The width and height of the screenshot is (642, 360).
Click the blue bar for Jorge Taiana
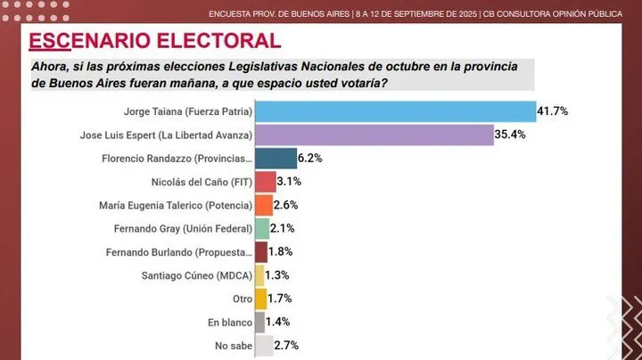pyautogui.click(x=394, y=112)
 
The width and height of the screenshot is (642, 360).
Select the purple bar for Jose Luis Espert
pyautogui.click(x=374, y=135)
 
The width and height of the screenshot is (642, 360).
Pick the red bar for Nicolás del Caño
pyautogui.click(x=265, y=182)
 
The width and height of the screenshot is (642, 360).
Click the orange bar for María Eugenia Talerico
pyautogui.click(x=263, y=205)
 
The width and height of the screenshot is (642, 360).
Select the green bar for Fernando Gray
pyautogui.click(x=261, y=229)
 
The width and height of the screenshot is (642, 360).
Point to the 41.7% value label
pyautogui.click(x=552, y=112)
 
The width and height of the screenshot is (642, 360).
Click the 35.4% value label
pyautogui.click(x=511, y=135)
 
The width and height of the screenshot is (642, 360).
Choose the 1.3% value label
pyautogui.click(x=278, y=275)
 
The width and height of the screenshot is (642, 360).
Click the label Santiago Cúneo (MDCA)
pyautogui.click(x=197, y=275)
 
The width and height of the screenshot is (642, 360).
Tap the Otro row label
pyautogui.click(x=241, y=299)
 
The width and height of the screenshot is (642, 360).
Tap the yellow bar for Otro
pyautogui.click(x=260, y=299)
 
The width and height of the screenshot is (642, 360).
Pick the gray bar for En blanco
pyautogui.click(x=259, y=322)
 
